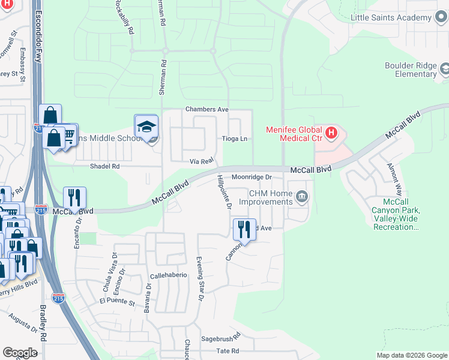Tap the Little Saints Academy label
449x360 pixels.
(x=391, y=17)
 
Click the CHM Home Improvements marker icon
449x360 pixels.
(x=303, y=196)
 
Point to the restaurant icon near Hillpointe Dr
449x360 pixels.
(x=244, y=229)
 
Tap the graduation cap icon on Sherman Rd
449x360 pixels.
(x=146, y=127)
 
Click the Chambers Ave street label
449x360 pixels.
(x=207, y=109)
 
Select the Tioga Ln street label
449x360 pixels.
(x=235, y=139)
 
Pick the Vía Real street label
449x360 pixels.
(x=202, y=161)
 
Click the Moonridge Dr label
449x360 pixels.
(x=252, y=177)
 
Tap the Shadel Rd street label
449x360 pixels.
(x=105, y=166)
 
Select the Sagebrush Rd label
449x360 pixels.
(x=220, y=339)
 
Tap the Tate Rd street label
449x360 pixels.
(x=228, y=351)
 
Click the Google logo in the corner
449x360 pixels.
(x=20, y=353)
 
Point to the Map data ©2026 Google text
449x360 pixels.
(x=411, y=355)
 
